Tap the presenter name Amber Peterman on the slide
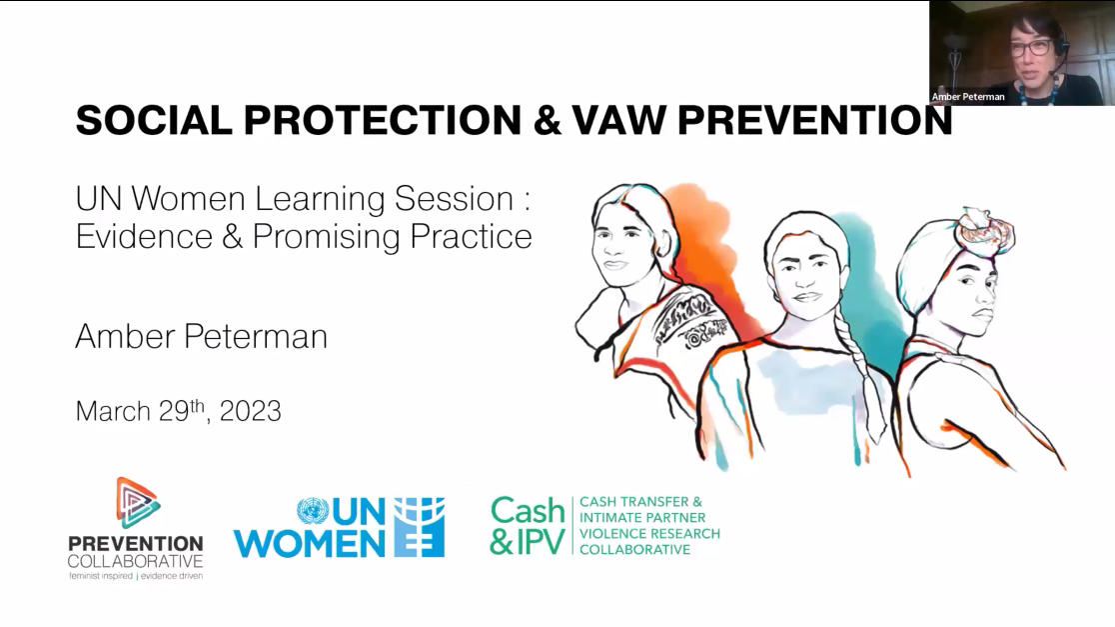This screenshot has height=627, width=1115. (x=201, y=336)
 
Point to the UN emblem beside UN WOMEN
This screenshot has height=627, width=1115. (x=313, y=512)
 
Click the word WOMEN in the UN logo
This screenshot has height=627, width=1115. (x=309, y=543)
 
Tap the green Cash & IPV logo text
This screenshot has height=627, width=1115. (x=527, y=526)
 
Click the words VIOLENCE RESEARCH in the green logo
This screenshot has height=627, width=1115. (x=640, y=533)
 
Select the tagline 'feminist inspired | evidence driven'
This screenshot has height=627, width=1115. (x=135, y=577)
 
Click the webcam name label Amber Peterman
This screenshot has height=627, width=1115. (x=968, y=97)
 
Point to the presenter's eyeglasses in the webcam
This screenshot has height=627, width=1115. (x=1030, y=46)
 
